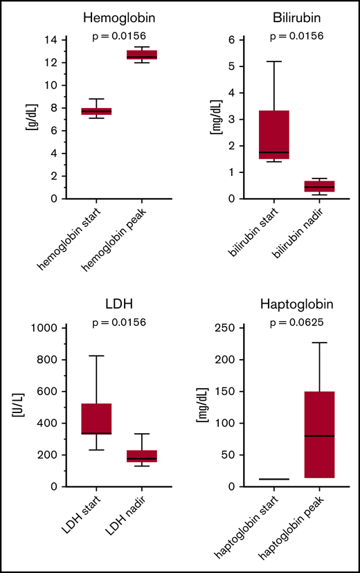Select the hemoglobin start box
coord(96,111)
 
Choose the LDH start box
coord(96,419)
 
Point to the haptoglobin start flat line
coord(274,479)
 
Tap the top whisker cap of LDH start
coord(96,356)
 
